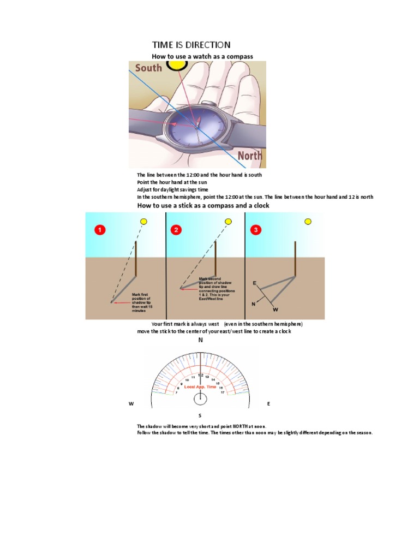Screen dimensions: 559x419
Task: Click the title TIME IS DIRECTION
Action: (x=191, y=45)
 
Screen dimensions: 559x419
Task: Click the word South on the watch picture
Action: (x=148, y=68)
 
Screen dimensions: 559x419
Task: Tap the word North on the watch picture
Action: (x=250, y=156)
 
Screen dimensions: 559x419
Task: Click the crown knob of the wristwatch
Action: (x=208, y=103)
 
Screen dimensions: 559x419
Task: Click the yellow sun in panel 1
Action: (x=143, y=222)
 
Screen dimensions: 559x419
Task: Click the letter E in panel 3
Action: (x=254, y=283)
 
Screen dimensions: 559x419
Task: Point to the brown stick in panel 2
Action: (x=216, y=258)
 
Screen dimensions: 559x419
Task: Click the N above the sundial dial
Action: (x=200, y=340)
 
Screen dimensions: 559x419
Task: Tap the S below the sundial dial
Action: (x=200, y=415)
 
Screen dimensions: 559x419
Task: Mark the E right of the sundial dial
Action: (x=268, y=404)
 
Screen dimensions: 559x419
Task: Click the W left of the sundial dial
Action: (x=130, y=404)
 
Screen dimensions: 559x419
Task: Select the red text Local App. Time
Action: (x=201, y=386)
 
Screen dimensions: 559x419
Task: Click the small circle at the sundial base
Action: (x=200, y=400)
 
